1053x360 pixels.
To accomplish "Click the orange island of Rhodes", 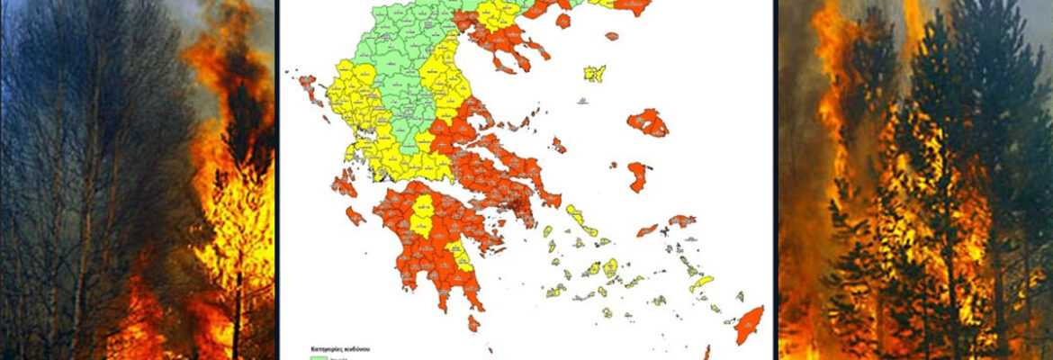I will coord(748,325).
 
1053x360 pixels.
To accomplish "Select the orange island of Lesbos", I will coord(649,122).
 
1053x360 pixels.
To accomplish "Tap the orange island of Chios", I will coord(638,175).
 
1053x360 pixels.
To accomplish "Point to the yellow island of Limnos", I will coord(595,73).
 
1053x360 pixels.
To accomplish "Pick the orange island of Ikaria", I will coord(647,230).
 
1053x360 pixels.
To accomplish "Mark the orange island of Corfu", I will coord(308,88).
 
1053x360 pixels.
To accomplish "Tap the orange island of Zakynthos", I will coord(355,216).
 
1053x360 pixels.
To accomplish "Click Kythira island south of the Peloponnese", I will coord(473,323).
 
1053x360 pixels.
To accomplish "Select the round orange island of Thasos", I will coord(563,20).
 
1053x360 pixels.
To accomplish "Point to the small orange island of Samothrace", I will coord(612,36).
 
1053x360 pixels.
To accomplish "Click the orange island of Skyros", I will coord(559,145).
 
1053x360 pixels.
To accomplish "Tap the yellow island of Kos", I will coord(701,285).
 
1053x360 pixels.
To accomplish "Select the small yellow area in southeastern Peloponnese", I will coord(462,259).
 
